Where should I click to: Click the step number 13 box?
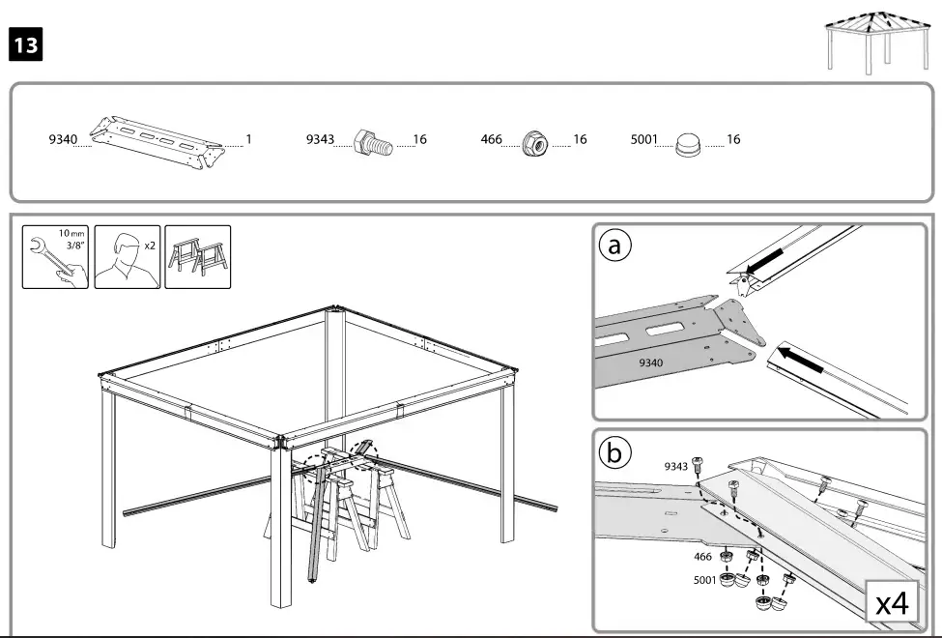[25, 46]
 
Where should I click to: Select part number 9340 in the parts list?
[64, 140]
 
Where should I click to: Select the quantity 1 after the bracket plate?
[248, 140]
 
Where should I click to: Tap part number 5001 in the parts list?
[644, 140]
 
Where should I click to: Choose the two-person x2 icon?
[128, 257]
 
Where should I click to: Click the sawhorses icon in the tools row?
[198, 257]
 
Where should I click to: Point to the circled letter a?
[615, 246]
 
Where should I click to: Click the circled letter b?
[615, 452]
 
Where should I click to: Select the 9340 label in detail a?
[653, 364]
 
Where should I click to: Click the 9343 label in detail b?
[676, 467]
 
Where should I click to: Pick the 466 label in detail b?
[702, 557]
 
